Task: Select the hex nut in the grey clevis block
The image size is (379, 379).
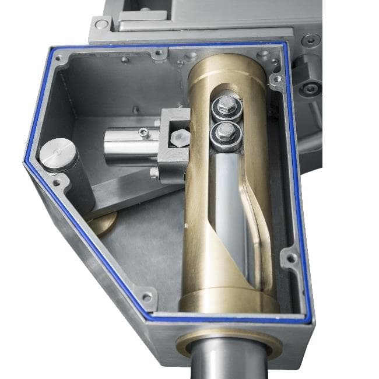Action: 180,137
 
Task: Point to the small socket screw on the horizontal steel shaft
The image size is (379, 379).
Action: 143,134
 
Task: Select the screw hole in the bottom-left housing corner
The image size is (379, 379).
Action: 146,298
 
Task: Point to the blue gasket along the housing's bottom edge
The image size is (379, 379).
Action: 227,321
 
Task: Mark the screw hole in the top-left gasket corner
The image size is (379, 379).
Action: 58,58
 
